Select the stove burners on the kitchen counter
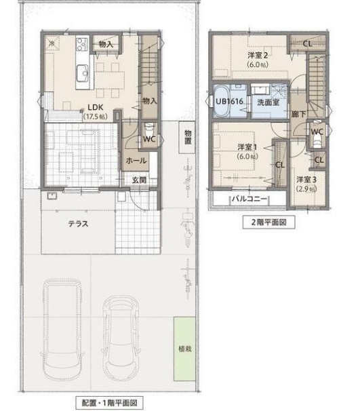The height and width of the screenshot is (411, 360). tap(82, 45)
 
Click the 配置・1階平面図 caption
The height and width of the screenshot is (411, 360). tap(110, 402)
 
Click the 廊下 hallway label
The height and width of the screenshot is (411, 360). tap(299, 115)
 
